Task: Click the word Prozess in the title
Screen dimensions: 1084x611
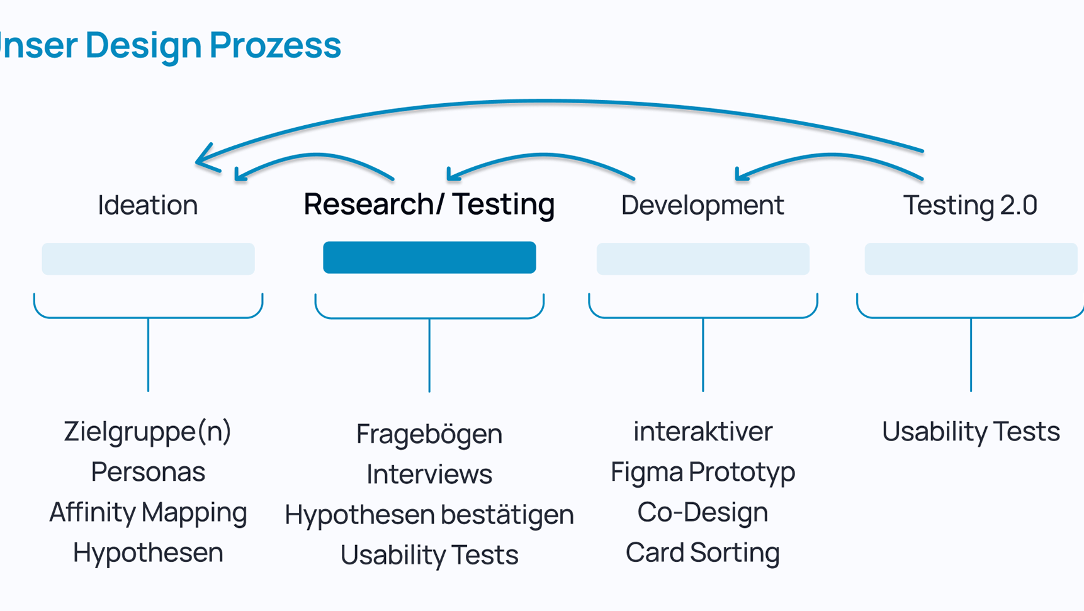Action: pyautogui.click(x=275, y=45)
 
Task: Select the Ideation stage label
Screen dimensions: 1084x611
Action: pyautogui.click(x=148, y=205)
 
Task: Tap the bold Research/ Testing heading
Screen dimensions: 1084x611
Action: pyautogui.click(x=429, y=205)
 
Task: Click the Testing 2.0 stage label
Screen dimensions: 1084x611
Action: pyautogui.click(x=970, y=205)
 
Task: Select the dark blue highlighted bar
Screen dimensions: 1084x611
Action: pyautogui.click(x=429, y=257)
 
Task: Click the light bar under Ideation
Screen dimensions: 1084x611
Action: pyautogui.click(x=148, y=259)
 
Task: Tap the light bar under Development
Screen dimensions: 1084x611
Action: pyautogui.click(x=703, y=259)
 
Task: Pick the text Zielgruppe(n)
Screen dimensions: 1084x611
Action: pyautogui.click(x=148, y=432)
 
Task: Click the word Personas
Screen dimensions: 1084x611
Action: pyautogui.click(x=148, y=472)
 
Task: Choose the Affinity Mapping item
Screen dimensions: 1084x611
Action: pyautogui.click(x=148, y=513)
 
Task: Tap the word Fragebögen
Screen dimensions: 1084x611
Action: pyautogui.click(x=429, y=434)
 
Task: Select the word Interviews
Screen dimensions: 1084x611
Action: pyautogui.click(x=429, y=474)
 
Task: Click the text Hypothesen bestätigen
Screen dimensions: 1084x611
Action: pyautogui.click(x=429, y=515)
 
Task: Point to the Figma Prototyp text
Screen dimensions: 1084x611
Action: pyautogui.click(x=703, y=473)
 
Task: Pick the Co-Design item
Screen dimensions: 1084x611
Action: pyautogui.click(x=703, y=512)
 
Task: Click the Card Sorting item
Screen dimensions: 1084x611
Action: pyautogui.click(x=703, y=553)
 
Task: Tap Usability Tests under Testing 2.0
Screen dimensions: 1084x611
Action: pyautogui.click(x=971, y=432)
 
